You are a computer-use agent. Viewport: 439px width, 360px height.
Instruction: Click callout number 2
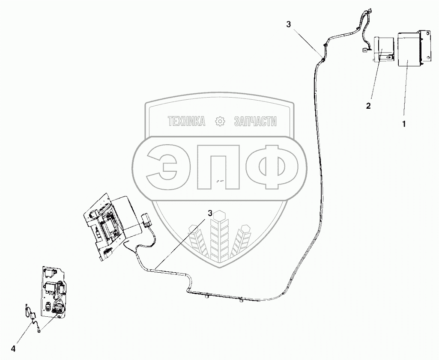368,106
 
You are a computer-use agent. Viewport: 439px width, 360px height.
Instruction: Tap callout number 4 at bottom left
13,349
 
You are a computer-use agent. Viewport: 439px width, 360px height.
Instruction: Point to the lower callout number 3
210,213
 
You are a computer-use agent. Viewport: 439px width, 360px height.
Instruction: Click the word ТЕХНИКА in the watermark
187,122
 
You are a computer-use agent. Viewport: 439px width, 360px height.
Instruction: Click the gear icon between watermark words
220,122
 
